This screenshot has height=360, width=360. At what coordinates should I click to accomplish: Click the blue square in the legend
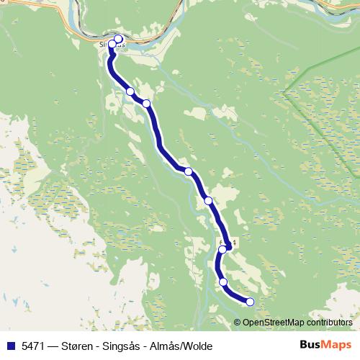(11, 345)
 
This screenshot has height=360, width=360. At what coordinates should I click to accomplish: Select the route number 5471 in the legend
(33, 345)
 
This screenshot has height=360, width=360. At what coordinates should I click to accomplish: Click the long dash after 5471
(54, 345)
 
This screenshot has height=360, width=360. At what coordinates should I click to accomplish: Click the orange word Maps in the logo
(336, 344)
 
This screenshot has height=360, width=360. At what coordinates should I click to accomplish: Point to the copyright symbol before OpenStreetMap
(238, 323)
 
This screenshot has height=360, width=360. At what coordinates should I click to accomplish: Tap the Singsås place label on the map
(110, 44)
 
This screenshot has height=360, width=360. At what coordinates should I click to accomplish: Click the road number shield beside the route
(229, 245)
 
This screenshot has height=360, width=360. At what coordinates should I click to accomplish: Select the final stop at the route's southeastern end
(250, 302)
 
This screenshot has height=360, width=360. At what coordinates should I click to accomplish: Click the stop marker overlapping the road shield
(222, 250)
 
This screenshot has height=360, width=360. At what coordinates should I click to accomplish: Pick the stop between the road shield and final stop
(223, 282)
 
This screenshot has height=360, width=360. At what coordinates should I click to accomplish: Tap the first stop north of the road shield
(208, 200)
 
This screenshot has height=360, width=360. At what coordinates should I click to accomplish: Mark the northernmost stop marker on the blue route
(119, 39)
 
